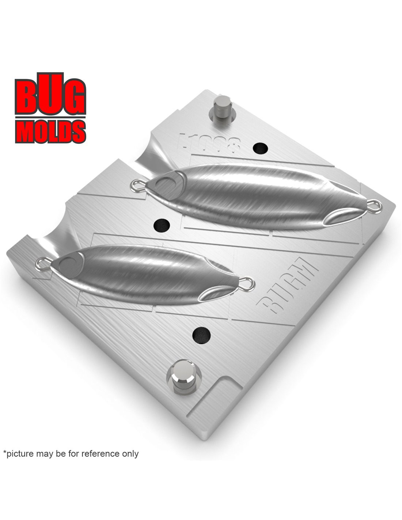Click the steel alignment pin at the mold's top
click(x=222, y=107)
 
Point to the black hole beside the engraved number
click(x=260, y=148)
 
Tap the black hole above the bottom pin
click(x=201, y=333)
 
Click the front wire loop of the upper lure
click(x=137, y=185)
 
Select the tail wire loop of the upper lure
click(x=375, y=206)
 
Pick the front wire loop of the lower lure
click(x=42, y=263)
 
